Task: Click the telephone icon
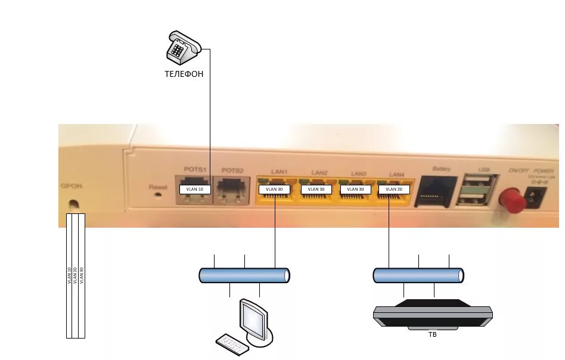click(182, 48)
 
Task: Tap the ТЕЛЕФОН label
click(184, 75)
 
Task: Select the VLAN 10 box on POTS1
click(195, 190)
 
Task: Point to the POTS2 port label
click(232, 170)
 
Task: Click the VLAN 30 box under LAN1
click(275, 190)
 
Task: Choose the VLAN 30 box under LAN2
click(316, 190)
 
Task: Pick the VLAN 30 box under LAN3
click(356, 190)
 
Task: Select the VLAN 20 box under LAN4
click(394, 190)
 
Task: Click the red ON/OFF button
click(512, 200)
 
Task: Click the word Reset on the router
click(158, 187)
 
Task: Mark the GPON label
click(71, 186)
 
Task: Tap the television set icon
click(432, 314)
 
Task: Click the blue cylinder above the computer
click(244, 275)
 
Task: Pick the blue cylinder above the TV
click(418, 275)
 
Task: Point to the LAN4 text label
click(398, 173)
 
